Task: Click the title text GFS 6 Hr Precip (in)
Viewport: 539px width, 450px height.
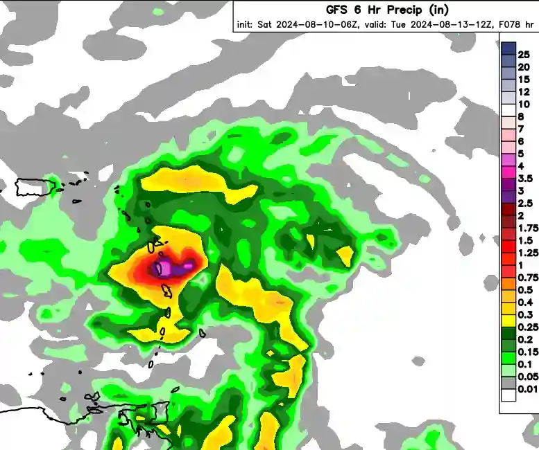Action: click(387, 9)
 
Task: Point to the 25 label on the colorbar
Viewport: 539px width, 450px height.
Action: click(524, 54)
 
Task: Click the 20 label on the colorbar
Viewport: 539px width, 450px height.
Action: click(524, 66)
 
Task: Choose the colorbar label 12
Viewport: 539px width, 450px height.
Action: click(524, 91)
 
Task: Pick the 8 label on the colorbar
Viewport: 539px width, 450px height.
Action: click(521, 116)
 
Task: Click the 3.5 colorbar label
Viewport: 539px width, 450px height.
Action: click(525, 178)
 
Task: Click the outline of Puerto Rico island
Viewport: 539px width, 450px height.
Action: click(35, 186)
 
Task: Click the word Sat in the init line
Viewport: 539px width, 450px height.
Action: click(265, 24)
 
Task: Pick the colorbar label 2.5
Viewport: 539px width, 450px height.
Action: click(525, 203)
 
